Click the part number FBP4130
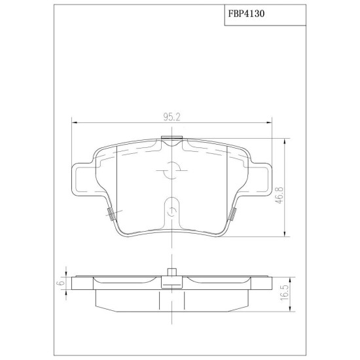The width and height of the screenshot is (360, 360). (246, 14)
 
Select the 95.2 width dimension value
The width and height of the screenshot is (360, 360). (172, 117)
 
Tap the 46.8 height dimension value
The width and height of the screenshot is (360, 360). (280, 195)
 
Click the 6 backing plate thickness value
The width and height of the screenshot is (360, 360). (62, 283)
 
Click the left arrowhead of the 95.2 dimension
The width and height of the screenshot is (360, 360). (74, 123)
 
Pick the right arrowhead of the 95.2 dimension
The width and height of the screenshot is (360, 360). (269, 123)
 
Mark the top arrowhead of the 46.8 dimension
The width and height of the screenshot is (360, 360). (285, 141)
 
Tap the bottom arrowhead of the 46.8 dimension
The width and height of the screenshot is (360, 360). (285, 234)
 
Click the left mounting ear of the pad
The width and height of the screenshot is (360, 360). (82, 179)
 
